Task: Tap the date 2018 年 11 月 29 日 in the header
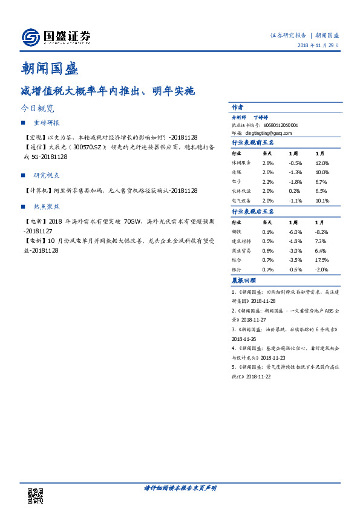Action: [318, 46]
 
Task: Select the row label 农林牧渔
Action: [241, 190]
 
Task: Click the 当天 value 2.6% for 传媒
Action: [268, 172]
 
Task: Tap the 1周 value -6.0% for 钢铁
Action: [295, 232]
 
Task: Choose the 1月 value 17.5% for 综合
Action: [322, 259]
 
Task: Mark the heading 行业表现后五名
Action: [253, 212]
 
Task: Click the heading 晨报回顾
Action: [244, 280]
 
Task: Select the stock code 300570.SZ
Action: [88, 147]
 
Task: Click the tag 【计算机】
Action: [34, 190]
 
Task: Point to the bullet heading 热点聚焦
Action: [47, 206]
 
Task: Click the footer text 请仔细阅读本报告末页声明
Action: [180, 487]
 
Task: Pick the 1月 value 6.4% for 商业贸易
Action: [321, 250]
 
